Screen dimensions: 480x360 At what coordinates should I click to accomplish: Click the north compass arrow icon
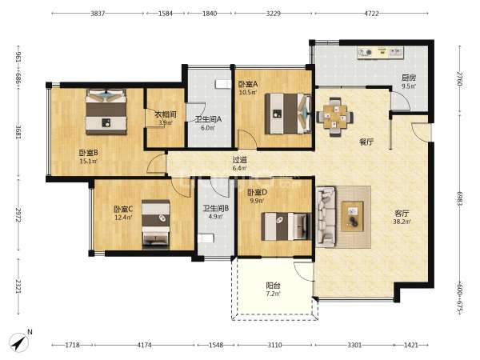click(x=19, y=342)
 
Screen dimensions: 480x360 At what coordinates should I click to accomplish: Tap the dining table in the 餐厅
click(x=335, y=117)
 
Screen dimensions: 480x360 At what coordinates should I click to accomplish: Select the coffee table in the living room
click(x=353, y=216)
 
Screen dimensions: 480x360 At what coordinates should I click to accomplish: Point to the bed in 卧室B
click(x=106, y=111)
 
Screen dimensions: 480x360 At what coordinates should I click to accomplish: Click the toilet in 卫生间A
click(x=222, y=83)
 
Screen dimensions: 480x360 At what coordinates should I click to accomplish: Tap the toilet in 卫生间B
click(x=206, y=238)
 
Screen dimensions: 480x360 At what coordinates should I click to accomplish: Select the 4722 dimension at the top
click(x=371, y=14)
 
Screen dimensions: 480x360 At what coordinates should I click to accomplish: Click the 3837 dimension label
click(x=98, y=14)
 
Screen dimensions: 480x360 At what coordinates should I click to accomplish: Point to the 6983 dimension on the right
click(x=459, y=198)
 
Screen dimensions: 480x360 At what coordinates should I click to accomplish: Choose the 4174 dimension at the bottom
click(x=144, y=345)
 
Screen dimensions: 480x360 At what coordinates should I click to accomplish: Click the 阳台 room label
click(x=273, y=286)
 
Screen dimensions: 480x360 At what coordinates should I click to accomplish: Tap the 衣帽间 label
click(x=165, y=114)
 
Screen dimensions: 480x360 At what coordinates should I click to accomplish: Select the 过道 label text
click(x=240, y=160)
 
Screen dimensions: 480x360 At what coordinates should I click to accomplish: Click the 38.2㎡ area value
click(x=402, y=222)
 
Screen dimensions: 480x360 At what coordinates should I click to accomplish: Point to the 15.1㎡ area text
click(x=88, y=161)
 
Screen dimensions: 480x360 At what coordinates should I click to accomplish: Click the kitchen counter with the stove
click(x=380, y=52)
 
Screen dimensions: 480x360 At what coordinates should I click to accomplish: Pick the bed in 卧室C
click(x=156, y=224)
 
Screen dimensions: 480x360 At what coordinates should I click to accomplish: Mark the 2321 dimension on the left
click(x=18, y=286)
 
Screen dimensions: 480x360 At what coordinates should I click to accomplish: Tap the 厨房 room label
click(x=409, y=78)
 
